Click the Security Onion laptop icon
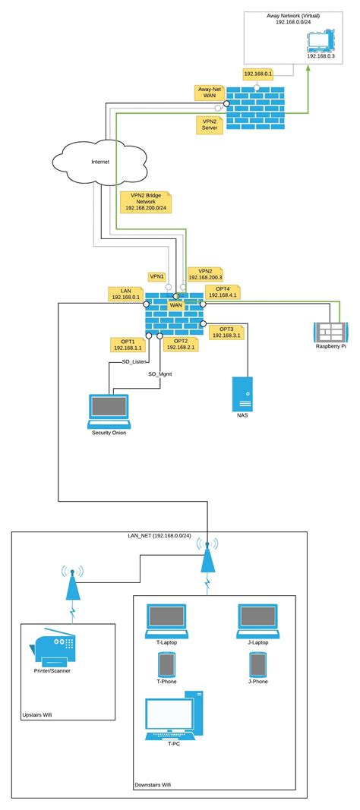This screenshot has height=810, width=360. coord(109,411)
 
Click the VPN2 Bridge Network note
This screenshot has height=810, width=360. coord(145,201)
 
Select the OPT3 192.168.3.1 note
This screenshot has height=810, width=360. coord(226,332)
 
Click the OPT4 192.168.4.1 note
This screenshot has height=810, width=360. coord(223,292)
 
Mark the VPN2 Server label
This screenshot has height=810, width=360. coord(210,124)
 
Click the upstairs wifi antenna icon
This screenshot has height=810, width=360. coord(71,582)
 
